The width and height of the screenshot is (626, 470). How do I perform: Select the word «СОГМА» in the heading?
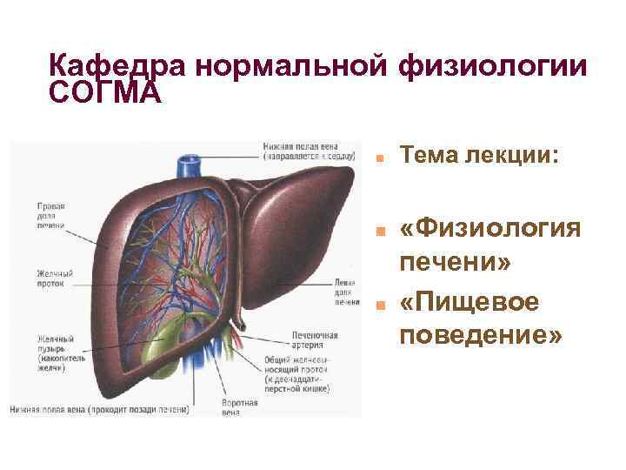click(x=105, y=91)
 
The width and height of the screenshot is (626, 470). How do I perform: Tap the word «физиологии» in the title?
click(x=490, y=66)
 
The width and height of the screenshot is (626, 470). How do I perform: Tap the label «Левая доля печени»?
click(x=346, y=292)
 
